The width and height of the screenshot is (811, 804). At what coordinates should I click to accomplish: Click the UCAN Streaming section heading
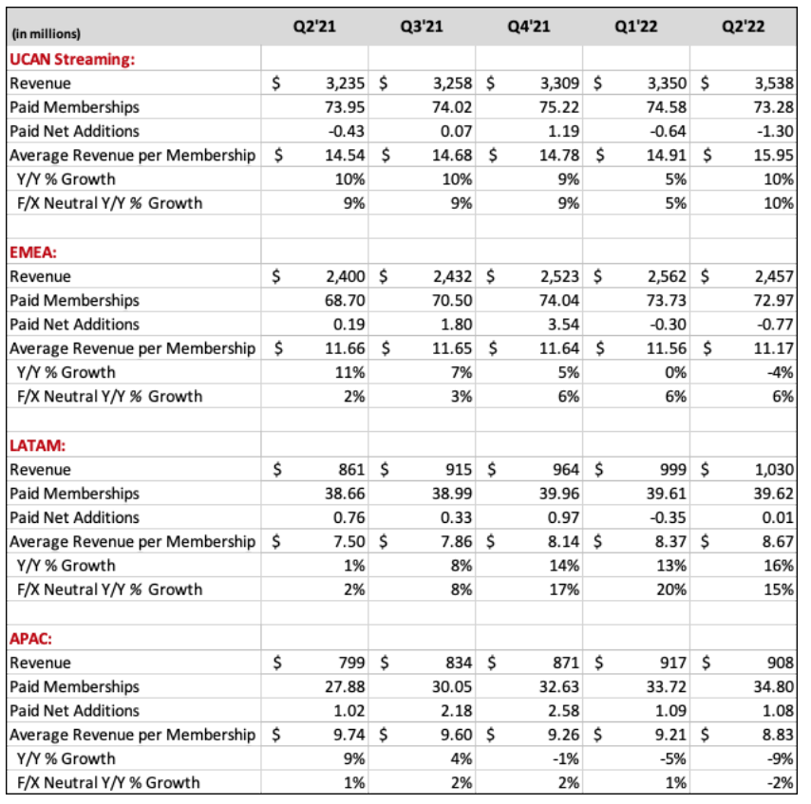click(72, 59)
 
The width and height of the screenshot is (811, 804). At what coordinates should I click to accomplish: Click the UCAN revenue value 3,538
click(771, 84)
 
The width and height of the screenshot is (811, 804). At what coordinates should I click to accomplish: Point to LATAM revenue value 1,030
click(771, 469)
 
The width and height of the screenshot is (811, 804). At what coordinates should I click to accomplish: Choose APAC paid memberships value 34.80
click(775, 686)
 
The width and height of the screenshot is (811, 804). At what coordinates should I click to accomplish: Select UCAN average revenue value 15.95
click(775, 156)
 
